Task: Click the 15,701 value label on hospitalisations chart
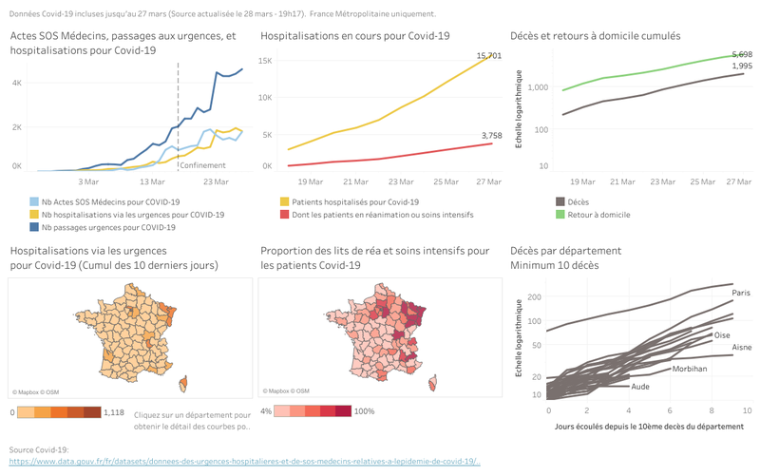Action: point(488,57)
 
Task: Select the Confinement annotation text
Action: point(201,165)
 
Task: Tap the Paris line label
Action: point(740,294)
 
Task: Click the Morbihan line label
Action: point(690,368)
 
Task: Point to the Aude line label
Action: point(640,387)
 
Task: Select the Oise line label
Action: point(721,335)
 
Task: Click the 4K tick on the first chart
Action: point(16,83)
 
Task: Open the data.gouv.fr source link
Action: point(244,462)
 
